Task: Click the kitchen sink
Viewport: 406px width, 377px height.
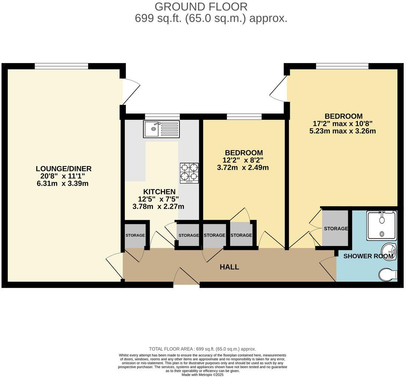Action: (x=161, y=129)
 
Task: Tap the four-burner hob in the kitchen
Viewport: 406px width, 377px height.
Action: (x=189, y=173)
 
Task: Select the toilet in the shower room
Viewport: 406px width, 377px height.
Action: (x=388, y=275)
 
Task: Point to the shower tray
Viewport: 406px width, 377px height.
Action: (x=382, y=225)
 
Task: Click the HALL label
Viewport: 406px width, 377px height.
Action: (x=229, y=267)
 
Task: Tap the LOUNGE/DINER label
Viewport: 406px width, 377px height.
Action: (x=64, y=169)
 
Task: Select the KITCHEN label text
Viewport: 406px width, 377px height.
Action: (x=159, y=192)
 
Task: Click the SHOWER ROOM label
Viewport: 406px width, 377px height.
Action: (x=368, y=256)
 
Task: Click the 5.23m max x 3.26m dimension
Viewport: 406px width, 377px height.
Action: (x=343, y=131)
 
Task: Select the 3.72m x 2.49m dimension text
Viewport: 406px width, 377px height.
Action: (x=243, y=168)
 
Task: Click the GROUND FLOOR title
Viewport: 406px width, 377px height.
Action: (x=201, y=7)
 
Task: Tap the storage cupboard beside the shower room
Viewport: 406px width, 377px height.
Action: (x=336, y=228)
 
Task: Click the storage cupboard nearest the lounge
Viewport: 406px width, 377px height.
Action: (x=135, y=235)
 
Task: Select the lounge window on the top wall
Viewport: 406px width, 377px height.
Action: (x=61, y=66)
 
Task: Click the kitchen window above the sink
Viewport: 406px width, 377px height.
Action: (x=162, y=117)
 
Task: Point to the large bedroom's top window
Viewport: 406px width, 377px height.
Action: (x=342, y=66)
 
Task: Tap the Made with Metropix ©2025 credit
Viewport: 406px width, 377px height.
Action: (x=202, y=374)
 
